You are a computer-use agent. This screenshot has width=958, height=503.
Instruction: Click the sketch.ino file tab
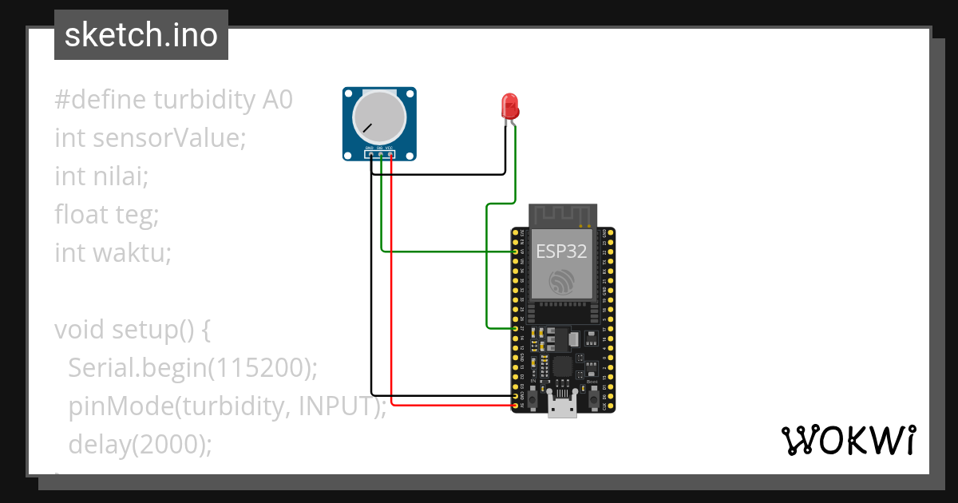[x=141, y=35]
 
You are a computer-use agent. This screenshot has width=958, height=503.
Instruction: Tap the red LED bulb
[x=509, y=105]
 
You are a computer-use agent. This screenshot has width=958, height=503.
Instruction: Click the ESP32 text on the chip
[x=561, y=252]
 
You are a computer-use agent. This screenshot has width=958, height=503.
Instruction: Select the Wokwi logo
[x=847, y=441]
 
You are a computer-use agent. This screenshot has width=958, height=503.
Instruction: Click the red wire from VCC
[x=391, y=319]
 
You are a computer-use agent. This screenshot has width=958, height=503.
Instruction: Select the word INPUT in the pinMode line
[x=335, y=406]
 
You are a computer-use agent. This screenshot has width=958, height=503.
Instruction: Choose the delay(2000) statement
[x=141, y=444]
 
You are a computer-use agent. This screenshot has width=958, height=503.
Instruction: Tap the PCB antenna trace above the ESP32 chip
[x=564, y=215]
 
